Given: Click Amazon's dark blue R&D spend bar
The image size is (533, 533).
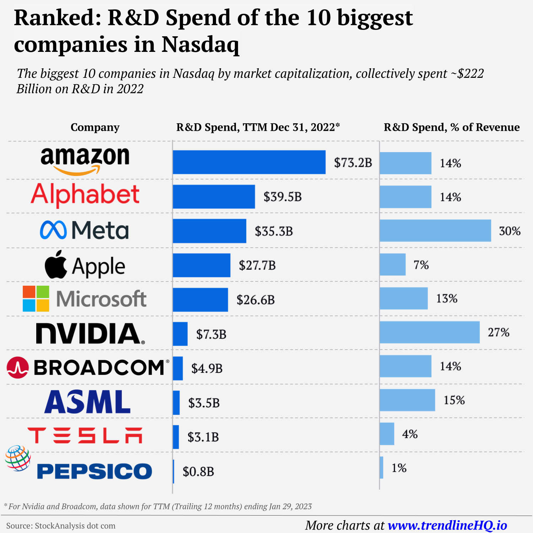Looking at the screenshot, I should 249,162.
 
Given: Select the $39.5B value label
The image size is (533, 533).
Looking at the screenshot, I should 282,196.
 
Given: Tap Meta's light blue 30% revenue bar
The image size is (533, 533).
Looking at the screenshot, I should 435,231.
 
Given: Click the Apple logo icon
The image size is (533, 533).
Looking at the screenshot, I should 56,264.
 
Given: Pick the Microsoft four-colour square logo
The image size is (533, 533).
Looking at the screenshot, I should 36,299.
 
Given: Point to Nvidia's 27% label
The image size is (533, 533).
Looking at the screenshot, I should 498,333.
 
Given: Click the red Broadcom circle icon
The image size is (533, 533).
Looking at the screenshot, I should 17,367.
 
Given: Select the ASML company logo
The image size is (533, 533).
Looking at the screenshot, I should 87,402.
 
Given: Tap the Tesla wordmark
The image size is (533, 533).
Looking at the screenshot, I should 85,436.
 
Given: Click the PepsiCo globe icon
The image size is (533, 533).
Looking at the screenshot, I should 18,458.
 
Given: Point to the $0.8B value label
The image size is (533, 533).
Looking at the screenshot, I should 198,472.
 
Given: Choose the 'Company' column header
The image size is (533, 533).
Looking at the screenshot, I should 95,127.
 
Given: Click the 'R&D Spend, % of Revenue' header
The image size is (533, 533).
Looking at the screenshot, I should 451,127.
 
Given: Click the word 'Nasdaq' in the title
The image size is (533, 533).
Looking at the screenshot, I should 200,45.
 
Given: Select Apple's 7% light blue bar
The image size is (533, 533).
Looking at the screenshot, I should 392,264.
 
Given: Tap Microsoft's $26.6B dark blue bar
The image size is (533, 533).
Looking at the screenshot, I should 200,300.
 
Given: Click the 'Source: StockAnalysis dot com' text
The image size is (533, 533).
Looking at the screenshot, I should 61,526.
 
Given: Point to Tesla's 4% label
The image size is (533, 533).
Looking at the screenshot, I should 409,434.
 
